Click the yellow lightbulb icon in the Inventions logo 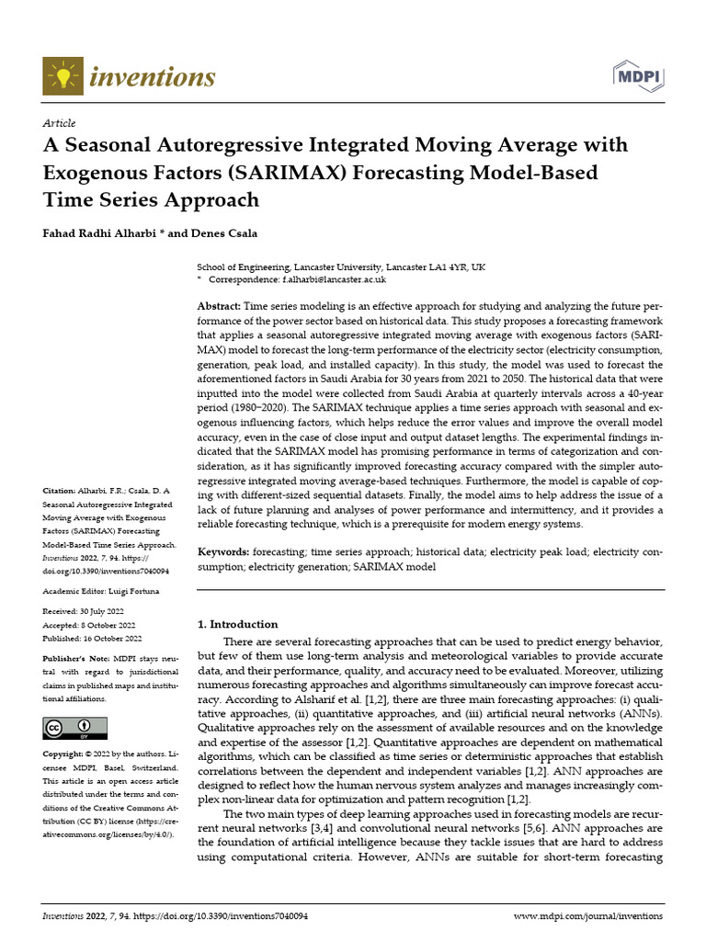[62, 75]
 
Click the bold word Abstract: [220, 305]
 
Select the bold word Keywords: [224, 552]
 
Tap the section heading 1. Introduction [238, 624]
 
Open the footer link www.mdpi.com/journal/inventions [587, 916]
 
